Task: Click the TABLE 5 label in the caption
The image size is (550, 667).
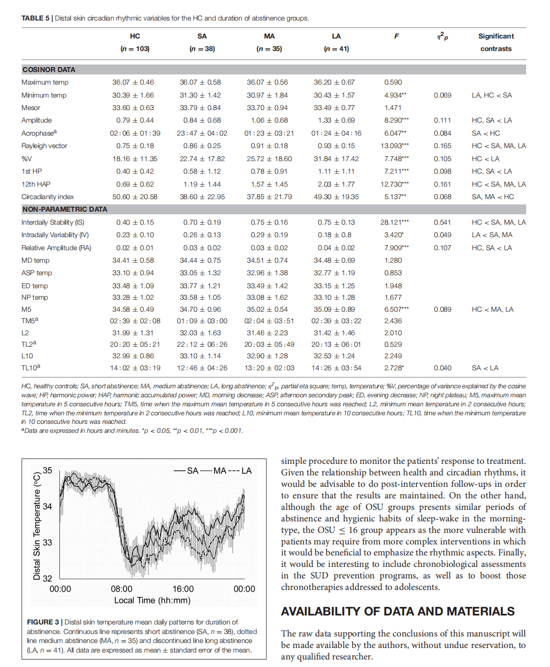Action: pyautogui.click(x=35, y=19)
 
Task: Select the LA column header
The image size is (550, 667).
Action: pyautogui.click(x=336, y=36)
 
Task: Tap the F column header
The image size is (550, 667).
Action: pyautogui.click(x=396, y=36)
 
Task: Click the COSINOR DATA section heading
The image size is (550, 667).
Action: pyautogui.click(x=49, y=70)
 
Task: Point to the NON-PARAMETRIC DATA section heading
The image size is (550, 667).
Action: pyautogui.click(x=64, y=209)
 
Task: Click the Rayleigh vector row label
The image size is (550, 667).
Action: pyautogui.click(x=44, y=146)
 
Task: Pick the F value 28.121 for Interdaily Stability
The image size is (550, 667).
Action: pyautogui.click(x=394, y=222)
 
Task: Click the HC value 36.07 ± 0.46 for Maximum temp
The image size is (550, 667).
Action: pyautogui.click(x=133, y=82)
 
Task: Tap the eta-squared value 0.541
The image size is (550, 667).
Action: pyautogui.click(x=442, y=222)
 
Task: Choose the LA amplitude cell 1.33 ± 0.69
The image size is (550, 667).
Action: pyautogui.click(x=336, y=121)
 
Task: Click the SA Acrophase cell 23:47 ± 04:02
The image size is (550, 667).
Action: pyautogui.click(x=202, y=133)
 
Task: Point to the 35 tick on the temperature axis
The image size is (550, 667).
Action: pyautogui.click(x=47, y=470)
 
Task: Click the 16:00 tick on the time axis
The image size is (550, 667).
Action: pyautogui.click(x=183, y=589)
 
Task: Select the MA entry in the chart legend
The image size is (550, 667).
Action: pyautogui.click(x=219, y=471)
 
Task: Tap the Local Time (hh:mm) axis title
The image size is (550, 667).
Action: pyautogui.click(x=152, y=600)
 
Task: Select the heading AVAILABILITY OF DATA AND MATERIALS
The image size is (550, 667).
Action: pyautogui.click(x=397, y=611)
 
